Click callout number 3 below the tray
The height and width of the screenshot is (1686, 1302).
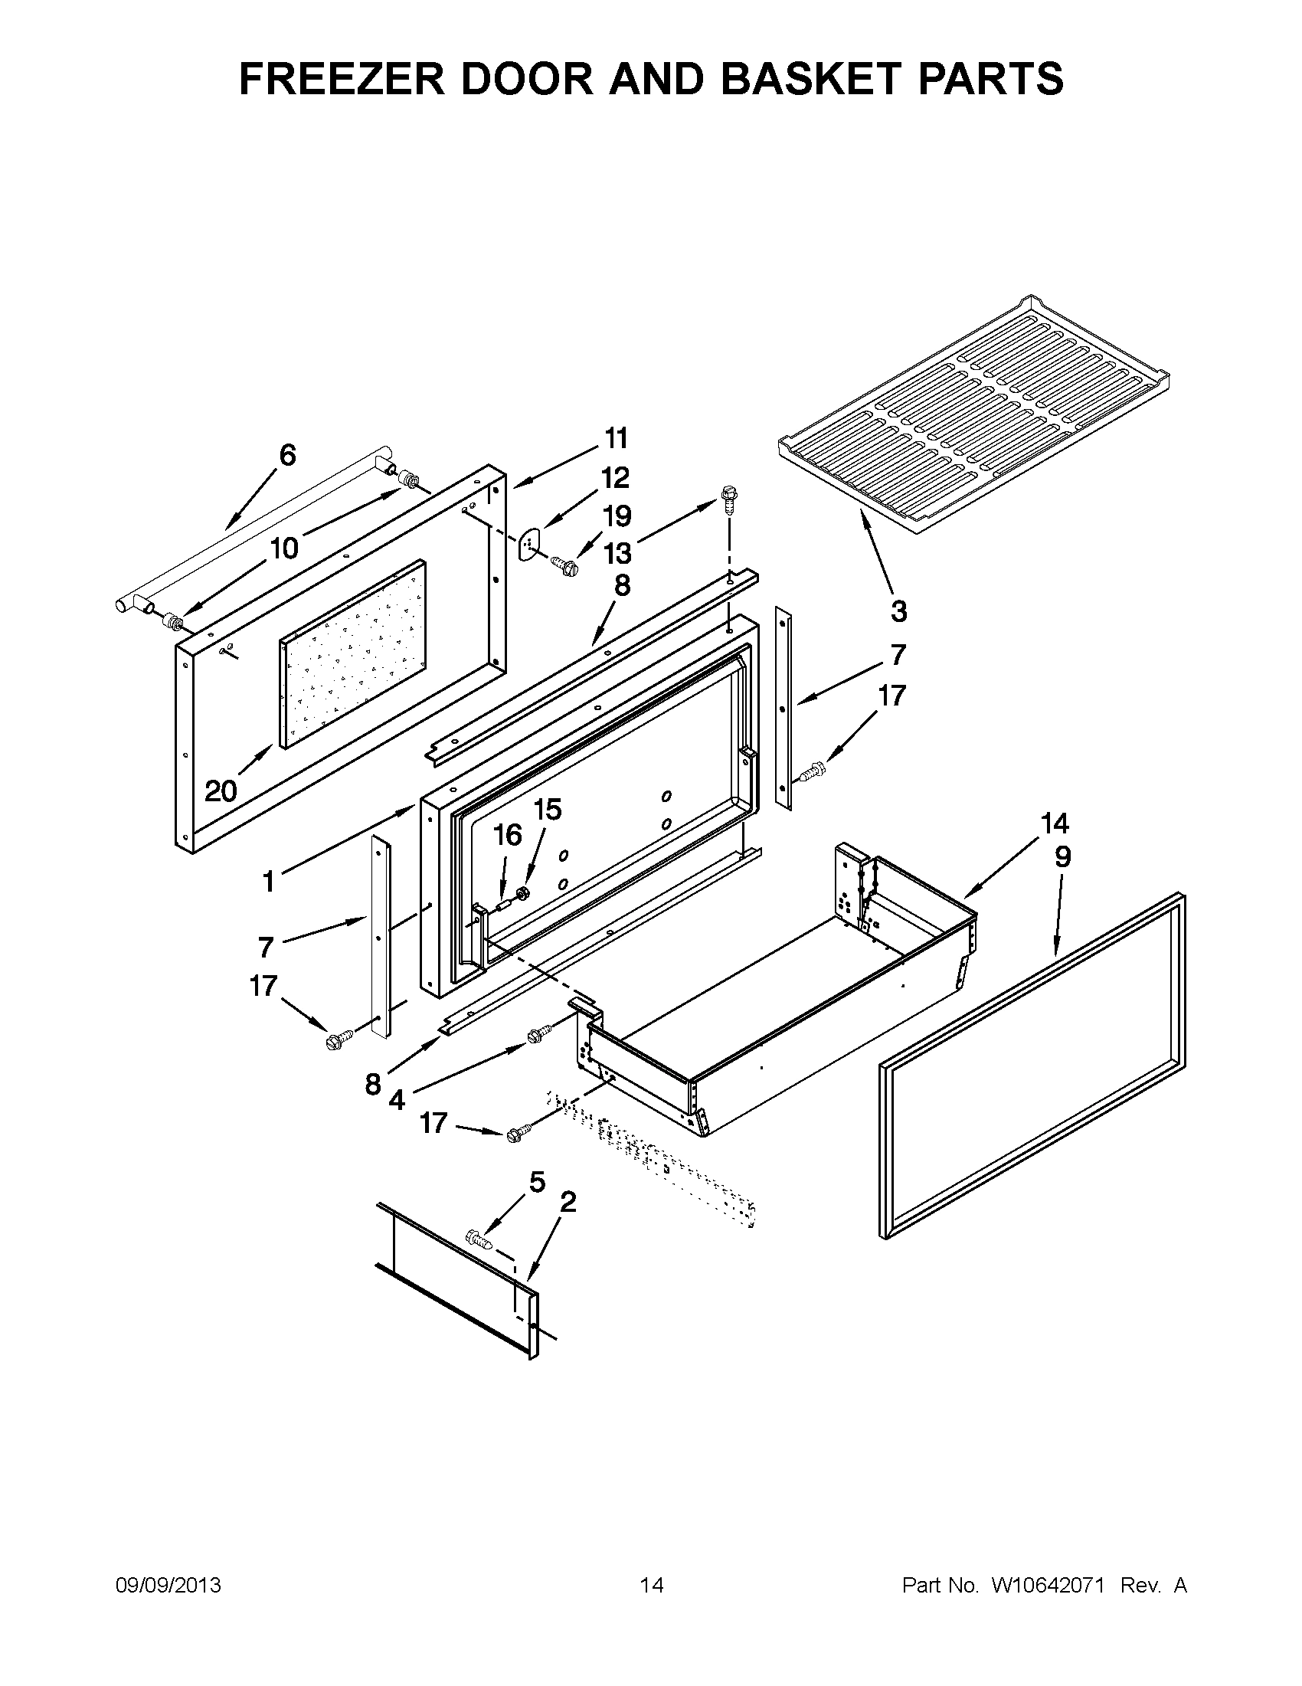tap(898, 611)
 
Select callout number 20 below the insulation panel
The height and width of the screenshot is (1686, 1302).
tap(221, 791)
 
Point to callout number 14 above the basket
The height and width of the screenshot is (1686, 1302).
tap(1055, 823)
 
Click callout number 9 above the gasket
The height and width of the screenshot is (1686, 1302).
tap(1063, 857)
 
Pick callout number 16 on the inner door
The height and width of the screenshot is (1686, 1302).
tap(507, 834)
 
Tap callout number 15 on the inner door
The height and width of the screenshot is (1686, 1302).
tap(547, 809)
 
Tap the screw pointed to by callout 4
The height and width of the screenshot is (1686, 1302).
tap(539, 1034)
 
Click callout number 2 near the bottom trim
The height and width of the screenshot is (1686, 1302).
tap(568, 1202)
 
